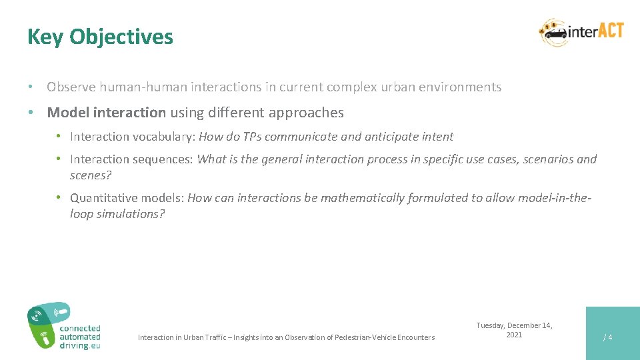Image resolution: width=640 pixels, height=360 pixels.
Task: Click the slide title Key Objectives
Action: tap(100, 37)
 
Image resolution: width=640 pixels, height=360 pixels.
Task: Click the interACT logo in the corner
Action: tap(581, 33)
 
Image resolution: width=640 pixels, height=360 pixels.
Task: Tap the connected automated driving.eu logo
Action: tap(64, 326)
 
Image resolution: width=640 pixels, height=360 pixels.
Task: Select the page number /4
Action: tap(607, 337)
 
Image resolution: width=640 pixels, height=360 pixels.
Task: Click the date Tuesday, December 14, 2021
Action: tap(514, 330)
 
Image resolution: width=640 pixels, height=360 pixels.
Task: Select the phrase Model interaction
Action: tap(106, 113)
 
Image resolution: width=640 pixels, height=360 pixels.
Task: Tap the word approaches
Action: tap(311, 113)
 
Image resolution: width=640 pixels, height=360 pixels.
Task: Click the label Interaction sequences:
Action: tap(131, 159)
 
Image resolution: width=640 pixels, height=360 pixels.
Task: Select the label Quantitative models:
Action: tap(127, 198)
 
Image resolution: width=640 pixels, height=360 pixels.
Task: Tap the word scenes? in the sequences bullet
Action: tap(89, 175)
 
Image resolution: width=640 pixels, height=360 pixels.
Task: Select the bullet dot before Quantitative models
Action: tap(59, 198)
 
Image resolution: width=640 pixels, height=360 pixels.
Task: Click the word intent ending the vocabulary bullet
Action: tap(437, 137)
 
